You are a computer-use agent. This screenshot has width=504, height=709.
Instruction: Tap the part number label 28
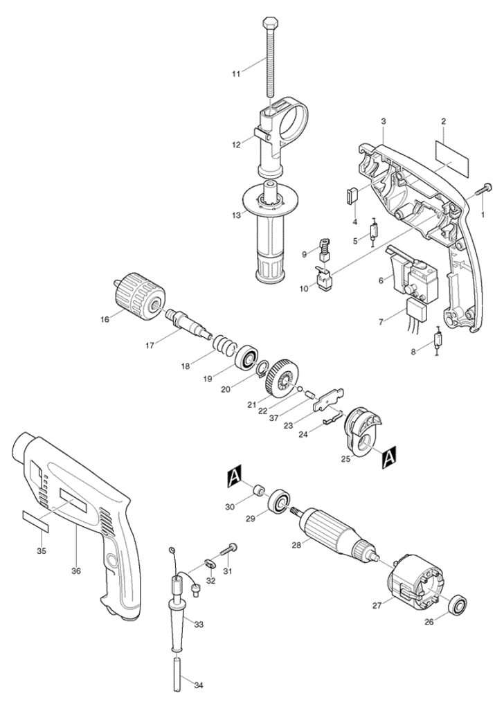(296, 545)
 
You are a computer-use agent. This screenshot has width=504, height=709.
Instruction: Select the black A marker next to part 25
(389, 458)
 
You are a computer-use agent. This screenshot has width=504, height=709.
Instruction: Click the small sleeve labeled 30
(259, 491)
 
